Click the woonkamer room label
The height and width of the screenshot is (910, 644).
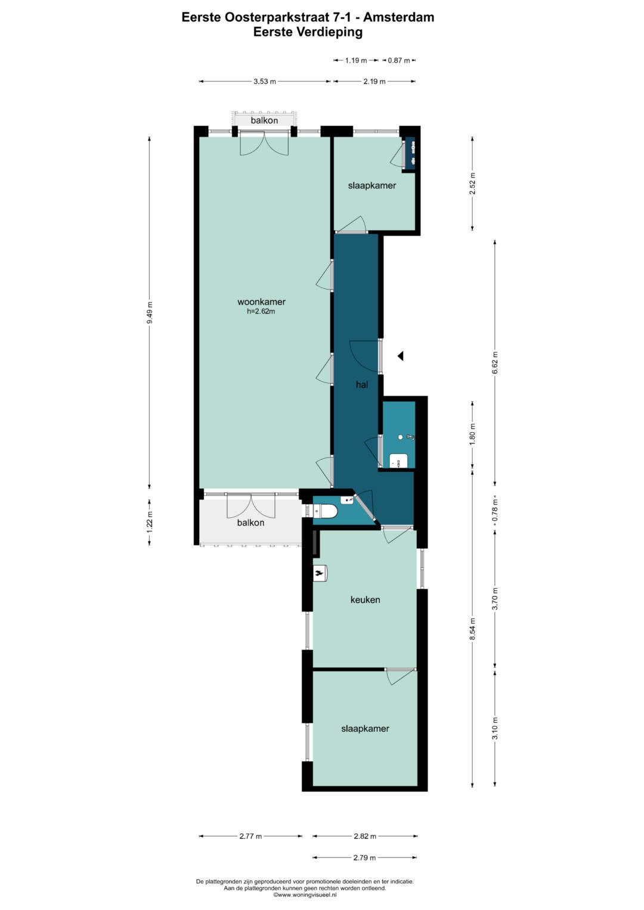coord(261,302)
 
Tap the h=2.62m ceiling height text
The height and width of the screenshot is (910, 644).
coord(261,311)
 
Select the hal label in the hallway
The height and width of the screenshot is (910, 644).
coord(361,385)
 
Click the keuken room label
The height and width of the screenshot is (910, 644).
coord(365,600)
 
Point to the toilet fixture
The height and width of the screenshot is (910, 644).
coord(327,511)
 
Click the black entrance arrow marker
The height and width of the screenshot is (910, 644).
coord(401,356)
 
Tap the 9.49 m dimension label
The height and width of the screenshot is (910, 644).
coord(149,313)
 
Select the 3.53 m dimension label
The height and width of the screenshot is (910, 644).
coord(264,82)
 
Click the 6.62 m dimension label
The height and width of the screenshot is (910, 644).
coord(494,362)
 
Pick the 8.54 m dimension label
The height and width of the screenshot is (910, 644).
coord(472,629)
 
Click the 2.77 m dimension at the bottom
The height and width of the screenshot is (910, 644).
coord(250,836)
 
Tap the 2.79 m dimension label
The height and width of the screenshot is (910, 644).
coord(364,858)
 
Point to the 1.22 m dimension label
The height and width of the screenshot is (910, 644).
coord(149,522)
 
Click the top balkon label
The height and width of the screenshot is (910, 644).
coord(264,120)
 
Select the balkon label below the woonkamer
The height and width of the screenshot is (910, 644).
coord(250,523)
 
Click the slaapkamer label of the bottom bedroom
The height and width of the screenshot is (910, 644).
coord(365,728)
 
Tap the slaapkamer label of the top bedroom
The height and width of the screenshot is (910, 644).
coord(372,185)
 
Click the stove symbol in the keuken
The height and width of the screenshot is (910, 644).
coord(321,573)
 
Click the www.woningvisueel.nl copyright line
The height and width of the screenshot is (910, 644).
coord(305,895)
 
